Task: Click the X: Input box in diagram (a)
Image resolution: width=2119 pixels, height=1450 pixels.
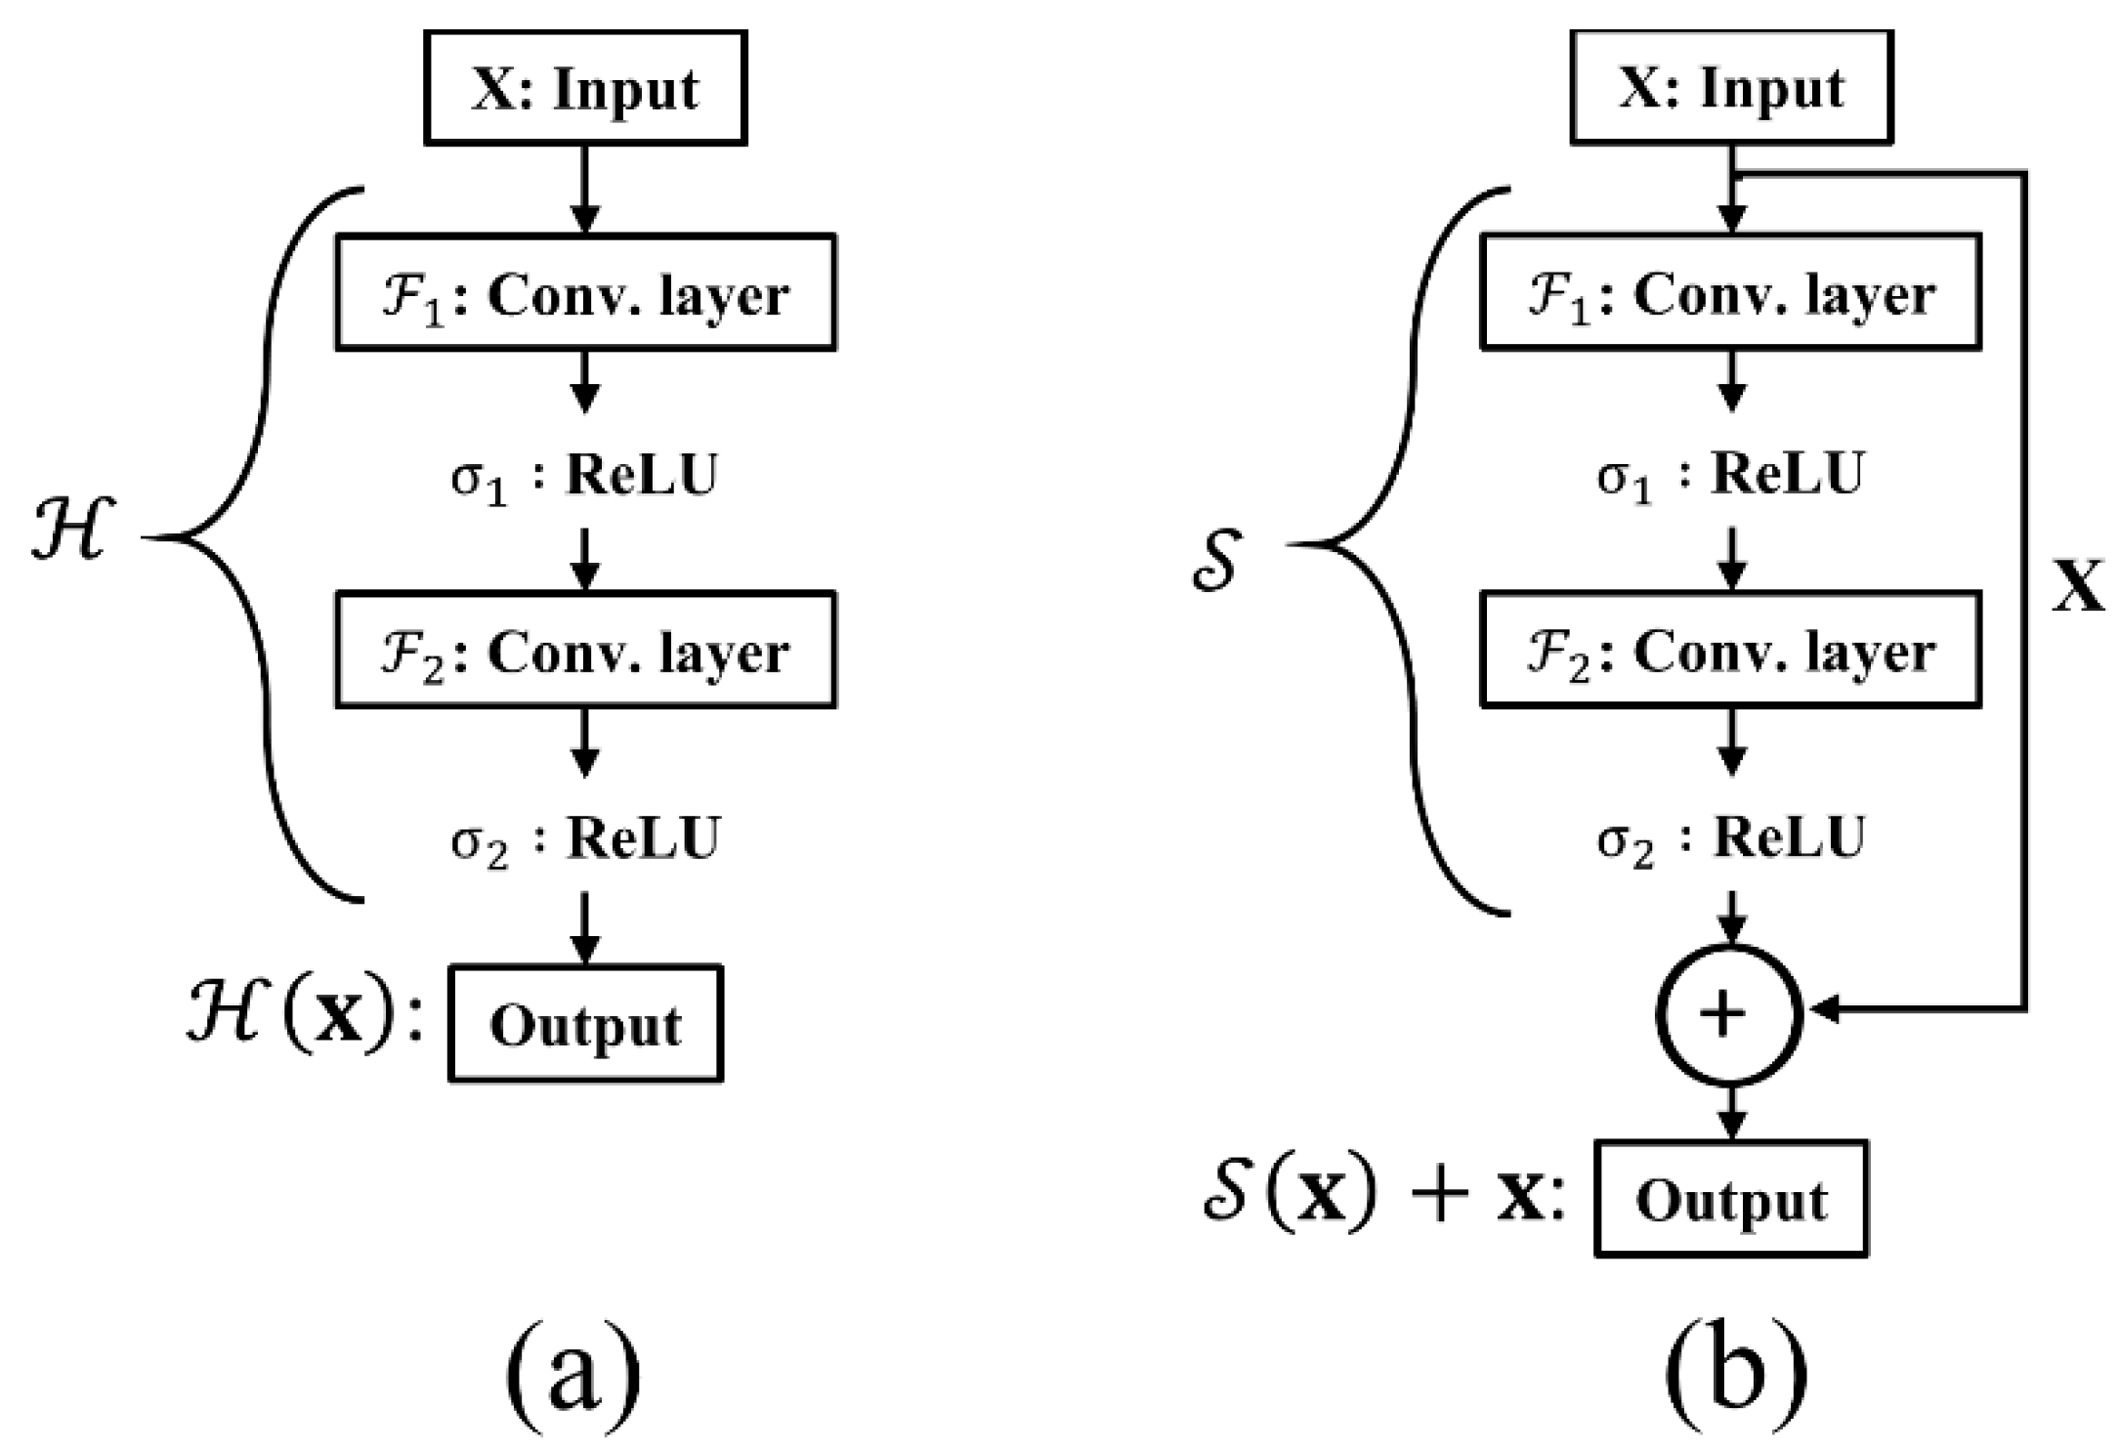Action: (x=584, y=88)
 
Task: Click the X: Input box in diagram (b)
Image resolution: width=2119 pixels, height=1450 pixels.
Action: (x=1731, y=88)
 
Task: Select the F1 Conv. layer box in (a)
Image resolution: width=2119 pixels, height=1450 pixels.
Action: (x=584, y=292)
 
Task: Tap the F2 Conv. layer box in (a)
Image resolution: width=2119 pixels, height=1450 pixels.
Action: (x=584, y=650)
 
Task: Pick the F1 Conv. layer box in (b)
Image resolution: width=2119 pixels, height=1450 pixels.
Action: (x=1731, y=292)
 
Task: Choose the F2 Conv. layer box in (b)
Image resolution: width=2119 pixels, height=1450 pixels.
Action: (x=1731, y=650)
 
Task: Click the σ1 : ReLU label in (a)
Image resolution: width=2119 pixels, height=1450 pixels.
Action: (x=584, y=476)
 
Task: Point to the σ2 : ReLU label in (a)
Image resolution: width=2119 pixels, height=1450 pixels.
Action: (x=584, y=838)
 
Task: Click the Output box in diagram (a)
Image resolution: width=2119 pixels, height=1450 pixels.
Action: (x=585, y=1024)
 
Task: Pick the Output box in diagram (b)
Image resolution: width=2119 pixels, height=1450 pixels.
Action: (x=1731, y=1199)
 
